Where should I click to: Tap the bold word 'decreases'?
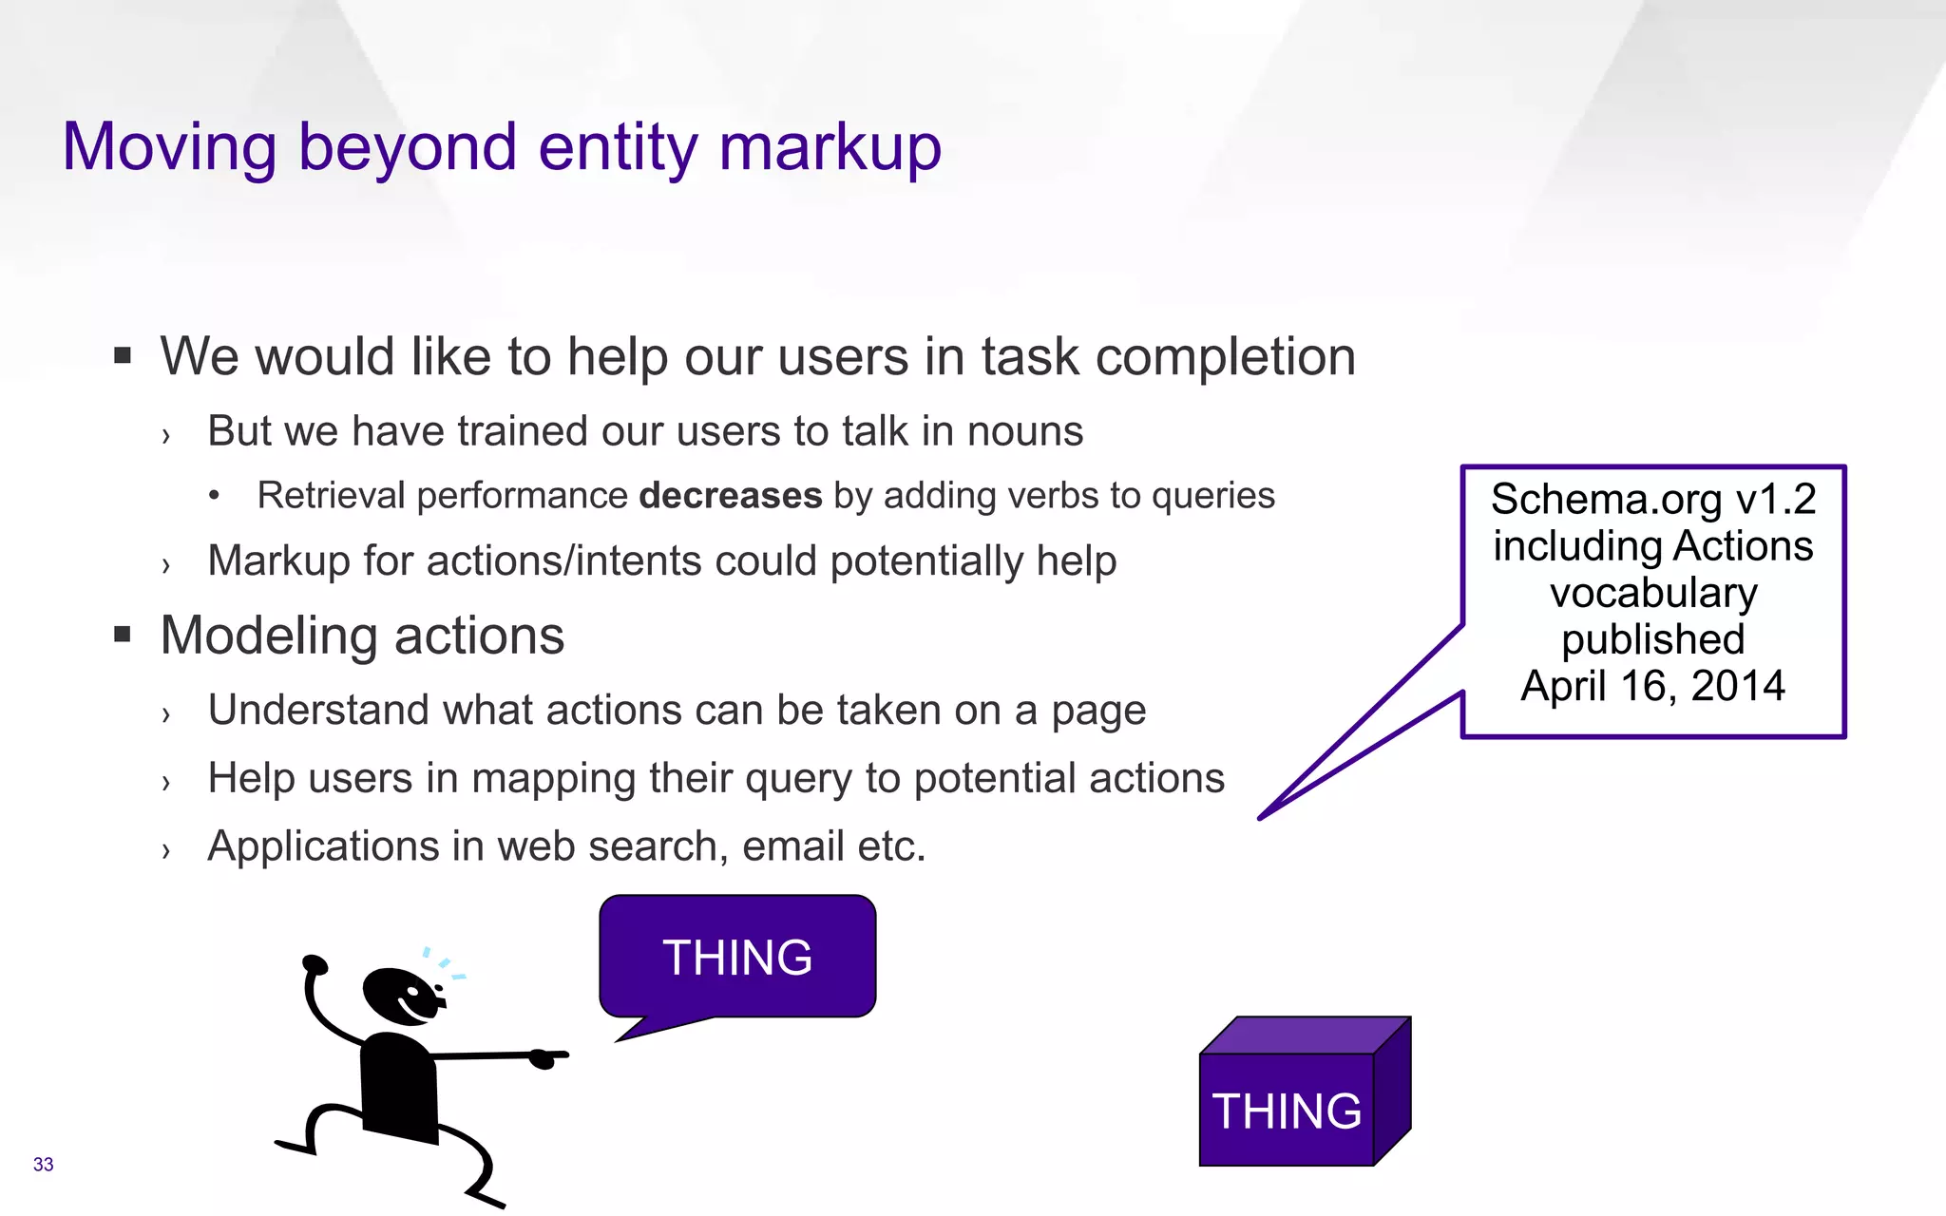point(730,496)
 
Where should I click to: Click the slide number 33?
point(43,1165)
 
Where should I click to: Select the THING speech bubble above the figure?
point(737,956)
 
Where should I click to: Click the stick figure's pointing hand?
point(546,1056)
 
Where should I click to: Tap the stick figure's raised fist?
point(315,965)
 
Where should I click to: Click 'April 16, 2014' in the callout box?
point(1652,686)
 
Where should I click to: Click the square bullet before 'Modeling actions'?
point(122,635)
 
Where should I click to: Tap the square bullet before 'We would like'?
point(122,356)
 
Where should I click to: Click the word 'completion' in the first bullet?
point(1225,357)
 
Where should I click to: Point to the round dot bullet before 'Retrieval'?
point(215,496)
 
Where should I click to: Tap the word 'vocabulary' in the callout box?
point(1652,593)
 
